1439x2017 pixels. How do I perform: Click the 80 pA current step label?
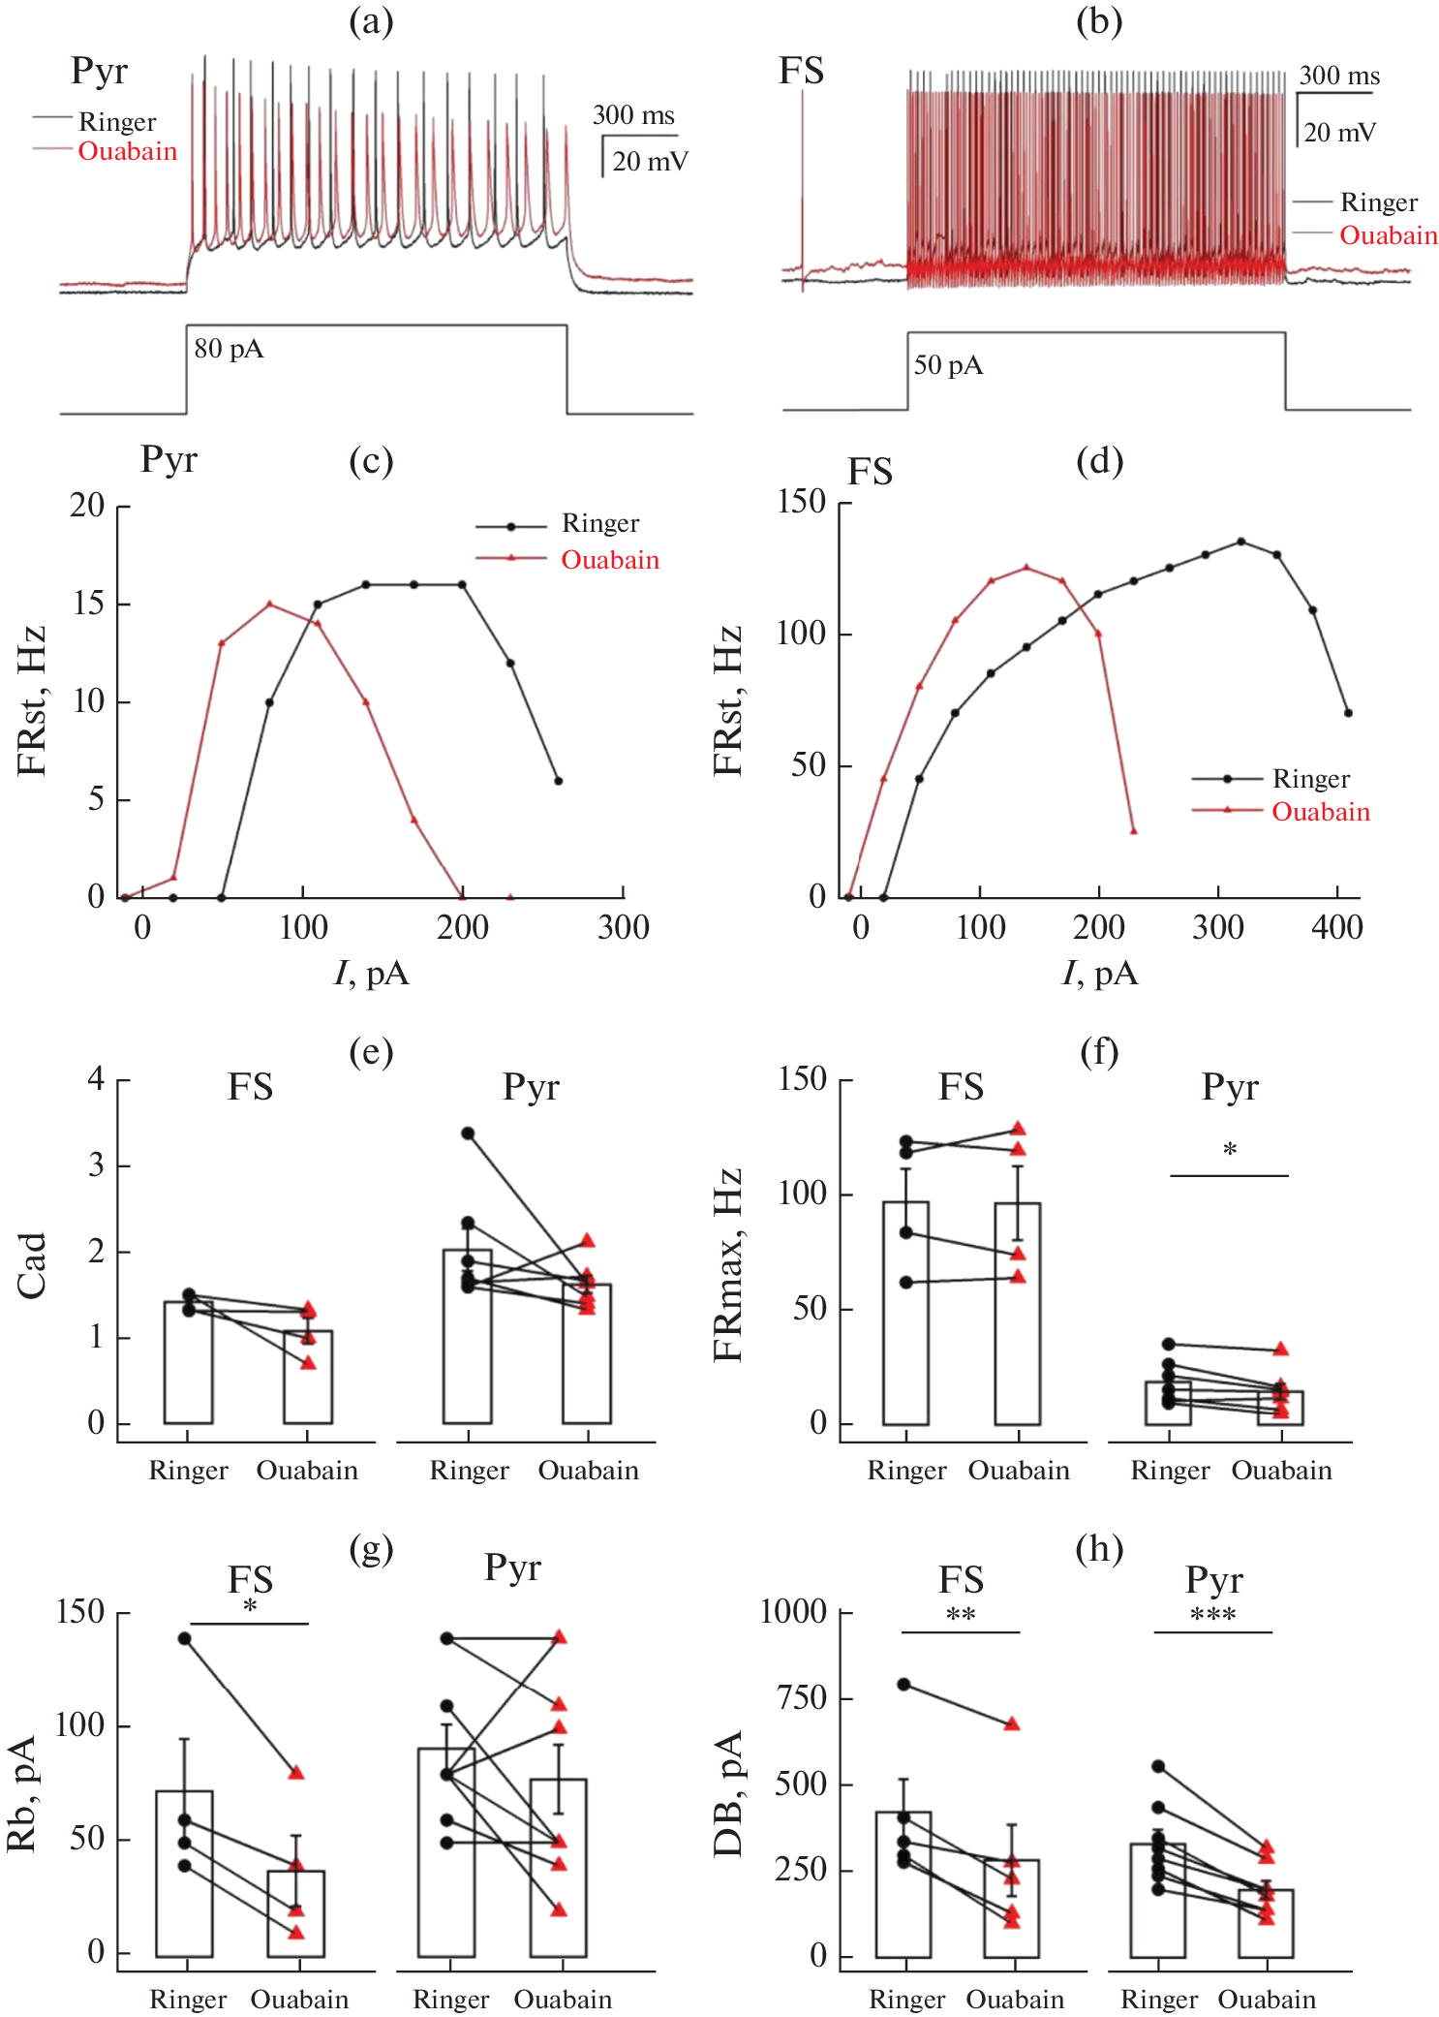229,349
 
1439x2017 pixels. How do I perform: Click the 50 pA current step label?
948,365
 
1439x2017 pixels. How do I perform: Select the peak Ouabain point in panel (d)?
1026,568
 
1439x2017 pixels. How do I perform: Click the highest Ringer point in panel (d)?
1241,542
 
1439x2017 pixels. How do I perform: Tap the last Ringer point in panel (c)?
558,781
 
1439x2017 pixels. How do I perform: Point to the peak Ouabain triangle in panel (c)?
269,604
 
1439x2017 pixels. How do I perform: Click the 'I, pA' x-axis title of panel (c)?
371,972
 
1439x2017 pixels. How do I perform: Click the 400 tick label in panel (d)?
1336,928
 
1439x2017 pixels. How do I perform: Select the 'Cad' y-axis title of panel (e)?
32,1265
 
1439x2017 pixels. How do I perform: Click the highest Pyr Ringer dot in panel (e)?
468,1133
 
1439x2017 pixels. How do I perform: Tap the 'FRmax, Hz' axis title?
728,1265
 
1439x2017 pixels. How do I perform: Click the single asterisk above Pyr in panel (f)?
1229,1150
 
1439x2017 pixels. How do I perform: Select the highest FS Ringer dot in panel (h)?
903,1684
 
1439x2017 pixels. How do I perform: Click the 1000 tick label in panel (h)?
793,1612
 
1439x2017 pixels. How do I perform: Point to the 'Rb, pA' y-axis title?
21,1793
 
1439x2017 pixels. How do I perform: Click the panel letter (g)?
371,1549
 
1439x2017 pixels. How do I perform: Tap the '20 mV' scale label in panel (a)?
650,161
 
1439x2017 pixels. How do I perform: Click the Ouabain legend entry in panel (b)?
1388,235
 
